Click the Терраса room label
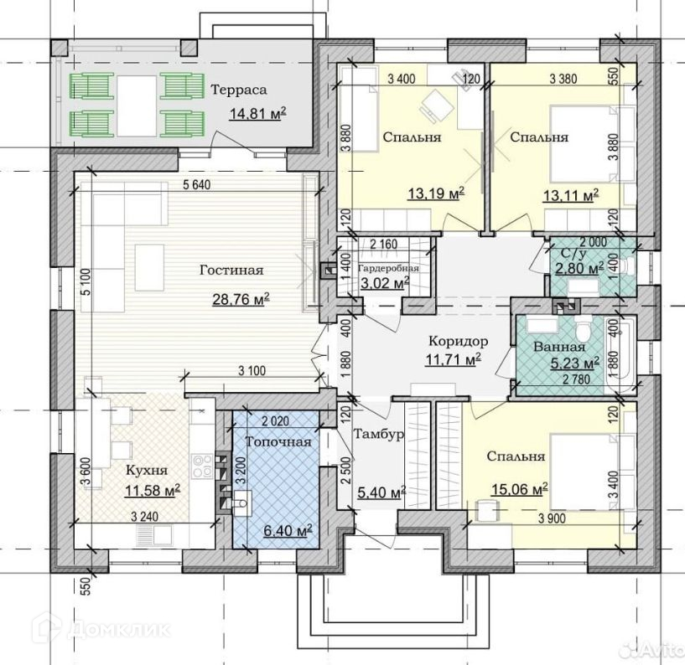[x=238, y=90]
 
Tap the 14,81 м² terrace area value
[x=257, y=114]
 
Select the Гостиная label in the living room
[x=231, y=270]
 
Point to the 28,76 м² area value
[x=241, y=299]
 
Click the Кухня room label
[x=147, y=471]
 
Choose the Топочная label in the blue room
[x=278, y=441]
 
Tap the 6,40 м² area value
[x=288, y=531]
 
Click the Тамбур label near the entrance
[x=378, y=435]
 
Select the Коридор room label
[x=458, y=341]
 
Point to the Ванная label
[x=559, y=348]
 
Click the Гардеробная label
[x=388, y=268]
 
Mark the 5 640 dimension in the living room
[x=196, y=185]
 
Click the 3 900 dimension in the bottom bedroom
[x=553, y=518]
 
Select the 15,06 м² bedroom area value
[x=520, y=490]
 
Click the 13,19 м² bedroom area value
[x=435, y=193]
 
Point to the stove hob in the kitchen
[x=202, y=467]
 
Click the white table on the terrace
[x=137, y=106]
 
